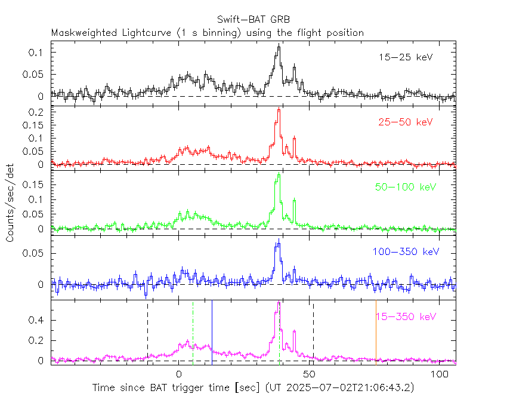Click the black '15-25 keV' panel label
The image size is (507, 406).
[405, 58]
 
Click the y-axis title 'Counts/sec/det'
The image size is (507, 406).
[10, 202]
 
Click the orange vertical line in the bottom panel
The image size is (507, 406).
[376, 331]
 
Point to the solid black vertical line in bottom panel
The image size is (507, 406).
[212, 331]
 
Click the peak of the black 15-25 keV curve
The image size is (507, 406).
[278, 47]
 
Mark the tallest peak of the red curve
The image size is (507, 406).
[279, 109]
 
